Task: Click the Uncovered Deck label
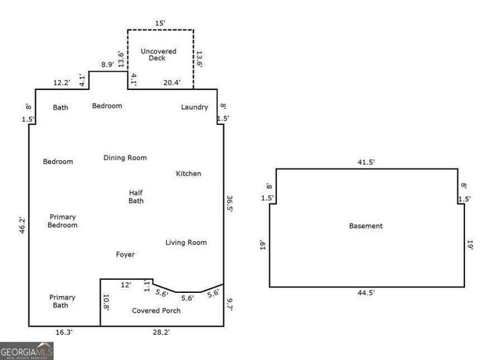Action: (159, 55)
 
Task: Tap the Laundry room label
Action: (194, 108)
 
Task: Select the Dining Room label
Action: (125, 158)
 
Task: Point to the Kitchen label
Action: (188, 174)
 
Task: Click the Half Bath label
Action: (136, 197)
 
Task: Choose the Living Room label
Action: (186, 243)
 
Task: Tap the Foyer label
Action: (126, 255)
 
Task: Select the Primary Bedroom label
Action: (63, 221)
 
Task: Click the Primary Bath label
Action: (63, 301)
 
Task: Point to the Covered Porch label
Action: (156, 311)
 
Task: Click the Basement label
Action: (366, 227)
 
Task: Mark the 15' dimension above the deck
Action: (159, 23)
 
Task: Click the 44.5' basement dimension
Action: (367, 293)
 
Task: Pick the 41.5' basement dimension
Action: (367, 162)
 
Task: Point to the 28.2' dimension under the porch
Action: (162, 333)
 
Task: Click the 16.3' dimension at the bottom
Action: (64, 333)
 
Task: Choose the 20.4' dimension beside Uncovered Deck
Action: (172, 82)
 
